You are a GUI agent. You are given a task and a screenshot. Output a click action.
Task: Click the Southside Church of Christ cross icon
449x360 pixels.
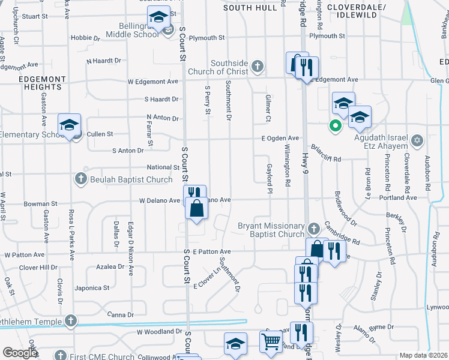click(x=258, y=65)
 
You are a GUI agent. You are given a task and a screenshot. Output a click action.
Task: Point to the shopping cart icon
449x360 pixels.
click(x=271, y=341)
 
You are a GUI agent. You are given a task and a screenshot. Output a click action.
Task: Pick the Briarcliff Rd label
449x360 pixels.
click(x=325, y=159)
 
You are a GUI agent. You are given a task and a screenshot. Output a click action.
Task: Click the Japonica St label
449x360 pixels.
click(x=92, y=288)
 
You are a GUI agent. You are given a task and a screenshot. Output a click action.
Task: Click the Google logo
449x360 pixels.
click(x=20, y=352)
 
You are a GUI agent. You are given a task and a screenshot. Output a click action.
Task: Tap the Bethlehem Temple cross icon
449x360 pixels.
click(x=71, y=321)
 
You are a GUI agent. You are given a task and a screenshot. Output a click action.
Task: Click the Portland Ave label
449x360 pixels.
click(x=402, y=197)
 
